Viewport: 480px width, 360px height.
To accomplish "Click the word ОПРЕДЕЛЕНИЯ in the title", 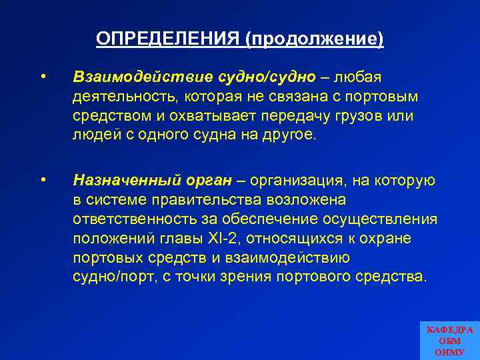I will tap(168, 39).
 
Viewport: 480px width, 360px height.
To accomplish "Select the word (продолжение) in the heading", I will tap(315, 39).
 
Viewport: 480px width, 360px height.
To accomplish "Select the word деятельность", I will tap(123, 97).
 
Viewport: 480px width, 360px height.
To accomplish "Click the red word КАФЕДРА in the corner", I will tap(449, 330).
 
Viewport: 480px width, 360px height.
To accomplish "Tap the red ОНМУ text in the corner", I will tap(449, 351).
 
